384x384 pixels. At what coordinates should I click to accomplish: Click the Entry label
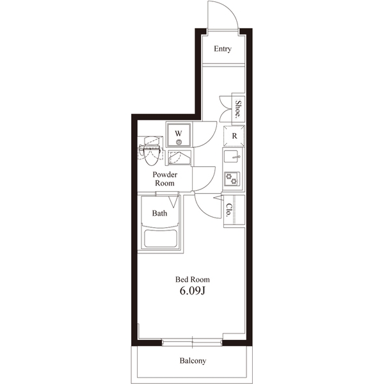[x=222, y=49]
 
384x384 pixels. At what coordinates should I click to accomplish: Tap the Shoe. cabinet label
[x=238, y=109]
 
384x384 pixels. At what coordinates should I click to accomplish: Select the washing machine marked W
[x=179, y=135]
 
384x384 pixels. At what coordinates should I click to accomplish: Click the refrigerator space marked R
[x=234, y=136]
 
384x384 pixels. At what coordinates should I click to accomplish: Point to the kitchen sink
[x=232, y=157]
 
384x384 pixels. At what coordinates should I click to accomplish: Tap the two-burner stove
[x=232, y=179]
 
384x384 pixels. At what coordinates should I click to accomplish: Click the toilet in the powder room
[x=150, y=152]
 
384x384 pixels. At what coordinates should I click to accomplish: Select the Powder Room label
[x=165, y=179]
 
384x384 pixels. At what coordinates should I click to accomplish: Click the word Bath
[x=159, y=213]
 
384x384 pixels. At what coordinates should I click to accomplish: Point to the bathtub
[x=161, y=238]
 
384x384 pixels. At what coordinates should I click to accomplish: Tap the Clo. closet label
[x=228, y=210]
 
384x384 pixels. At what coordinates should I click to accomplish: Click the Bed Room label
[x=193, y=280]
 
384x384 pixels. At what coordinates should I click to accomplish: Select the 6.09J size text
[x=192, y=291]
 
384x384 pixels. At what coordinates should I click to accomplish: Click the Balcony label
[x=193, y=361]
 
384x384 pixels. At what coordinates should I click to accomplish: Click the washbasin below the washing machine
[x=179, y=158]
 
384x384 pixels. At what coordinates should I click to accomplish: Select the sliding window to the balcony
[x=192, y=342]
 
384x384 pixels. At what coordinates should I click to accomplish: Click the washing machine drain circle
[x=179, y=142]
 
